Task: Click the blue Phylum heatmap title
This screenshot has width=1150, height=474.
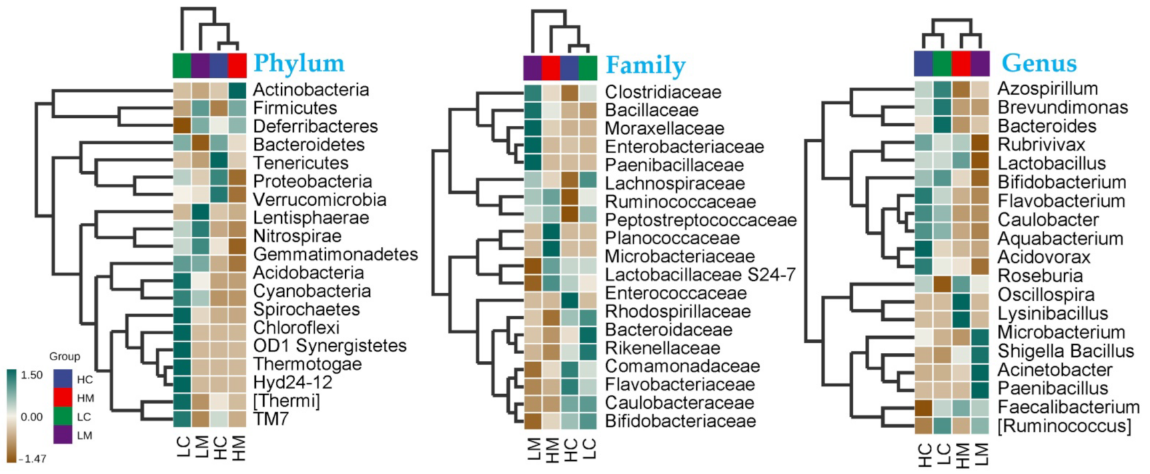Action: pyautogui.click(x=298, y=63)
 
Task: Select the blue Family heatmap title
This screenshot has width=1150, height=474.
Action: pyautogui.click(x=645, y=65)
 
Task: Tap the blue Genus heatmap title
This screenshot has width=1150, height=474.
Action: pyautogui.click(x=1039, y=63)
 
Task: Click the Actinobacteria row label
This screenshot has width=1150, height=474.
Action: pyautogui.click(x=310, y=90)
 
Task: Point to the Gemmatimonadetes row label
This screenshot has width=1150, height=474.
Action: pyautogui.click(x=335, y=254)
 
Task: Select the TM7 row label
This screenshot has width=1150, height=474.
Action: pyautogui.click(x=271, y=419)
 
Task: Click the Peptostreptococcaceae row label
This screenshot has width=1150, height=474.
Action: pyautogui.click(x=700, y=220)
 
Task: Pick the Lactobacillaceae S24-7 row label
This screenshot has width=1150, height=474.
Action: pyautogui.click(x=700, y=275)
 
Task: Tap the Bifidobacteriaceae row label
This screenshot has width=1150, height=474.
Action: pyautogui.click(x=680, y=421)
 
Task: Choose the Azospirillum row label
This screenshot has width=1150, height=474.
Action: pyautogui.click(x=1047, y=89)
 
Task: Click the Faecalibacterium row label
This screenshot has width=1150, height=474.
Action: pyautogui.click(x=1068, y=407)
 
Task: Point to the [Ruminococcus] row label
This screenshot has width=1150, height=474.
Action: pyautogui.click(x=1064, y=426)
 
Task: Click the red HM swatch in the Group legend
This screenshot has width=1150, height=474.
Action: pyautogui.click(x=63, y=398)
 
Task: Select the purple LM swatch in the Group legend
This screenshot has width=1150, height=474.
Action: pyautogui.click(x=63, y=435)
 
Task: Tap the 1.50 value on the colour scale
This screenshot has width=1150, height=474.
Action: pyautogui.click(x=32, y=375)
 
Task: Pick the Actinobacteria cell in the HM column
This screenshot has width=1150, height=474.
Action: pyautogui.click(x=238, y=90)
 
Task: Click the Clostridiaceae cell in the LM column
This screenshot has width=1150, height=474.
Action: pyautogui.click(x=533, y=93)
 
